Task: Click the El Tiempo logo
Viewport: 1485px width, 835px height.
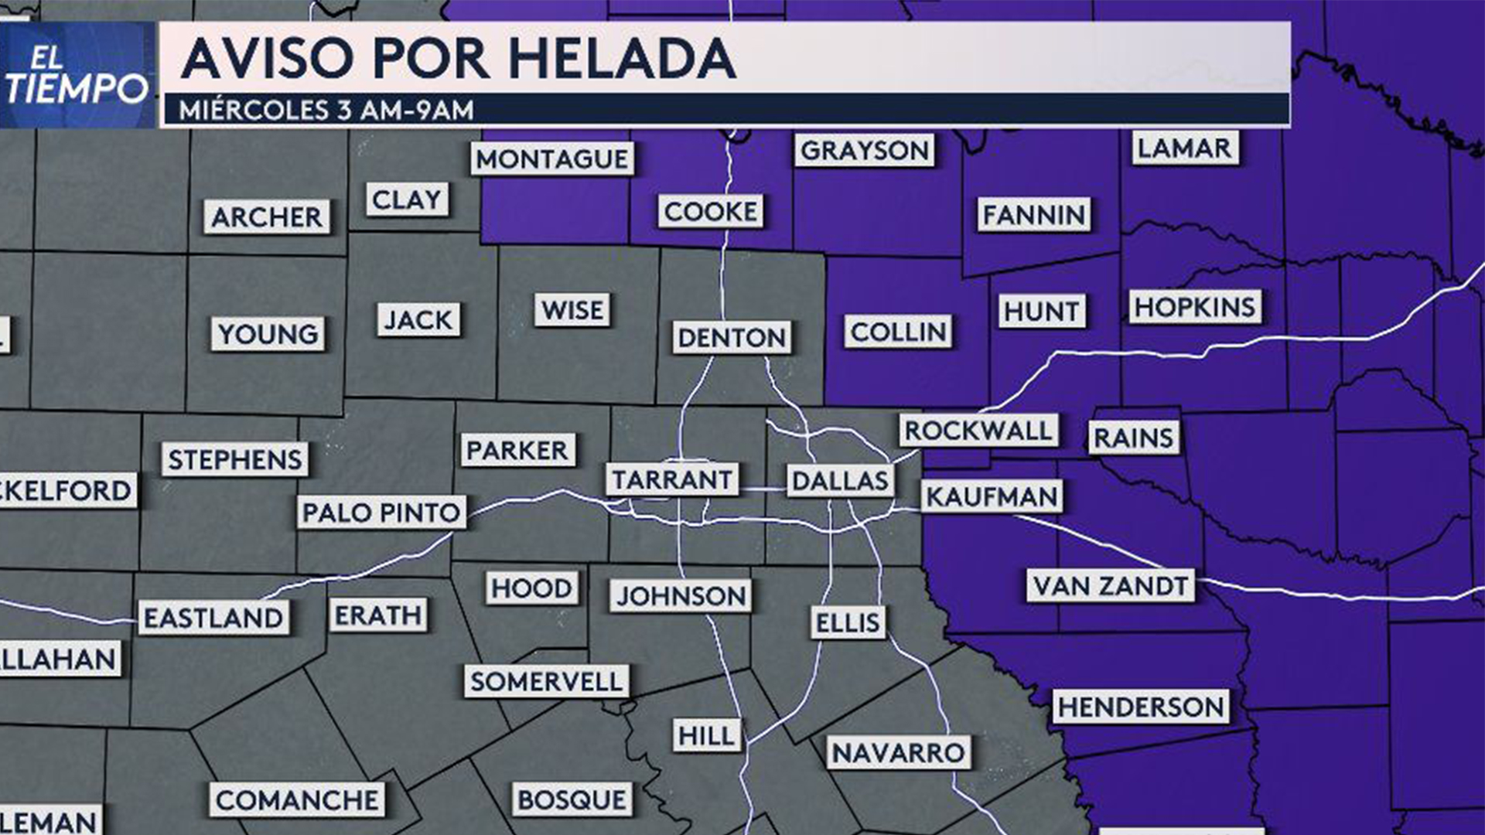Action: (x=77, y=75)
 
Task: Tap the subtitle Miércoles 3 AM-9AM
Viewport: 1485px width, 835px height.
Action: (x=326, y=111)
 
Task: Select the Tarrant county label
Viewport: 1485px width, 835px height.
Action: (x=671, y=479)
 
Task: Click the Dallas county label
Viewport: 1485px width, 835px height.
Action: (x=840, y=480)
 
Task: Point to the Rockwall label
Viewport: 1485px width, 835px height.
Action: (x=978, y=431)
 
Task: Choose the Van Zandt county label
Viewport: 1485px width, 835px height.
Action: (x=1110, y=586)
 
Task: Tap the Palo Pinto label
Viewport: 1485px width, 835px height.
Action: (x=381, y=512)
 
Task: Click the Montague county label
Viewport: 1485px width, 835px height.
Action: (x=552, y=158)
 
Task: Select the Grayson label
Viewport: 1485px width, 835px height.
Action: (x=864, y=150)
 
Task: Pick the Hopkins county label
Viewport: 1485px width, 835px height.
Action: (x=1195, y=307)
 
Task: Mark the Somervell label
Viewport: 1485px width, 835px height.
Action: (x=546, y=681)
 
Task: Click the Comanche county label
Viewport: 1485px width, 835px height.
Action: (x=297, y=800)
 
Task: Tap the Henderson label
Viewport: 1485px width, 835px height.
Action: (x=1141, y=707)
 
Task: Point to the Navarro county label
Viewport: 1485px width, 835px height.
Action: (x=898, y=752)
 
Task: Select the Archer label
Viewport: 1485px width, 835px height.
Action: (x=267, y=217)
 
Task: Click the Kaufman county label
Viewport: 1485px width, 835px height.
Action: (x=992, y=496)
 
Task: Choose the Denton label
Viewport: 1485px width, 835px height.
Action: (x=732, y=337)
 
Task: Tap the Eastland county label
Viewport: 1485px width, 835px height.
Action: (x=213, y=618)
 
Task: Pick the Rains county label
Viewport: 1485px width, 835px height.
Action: (x=1133, y=438)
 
